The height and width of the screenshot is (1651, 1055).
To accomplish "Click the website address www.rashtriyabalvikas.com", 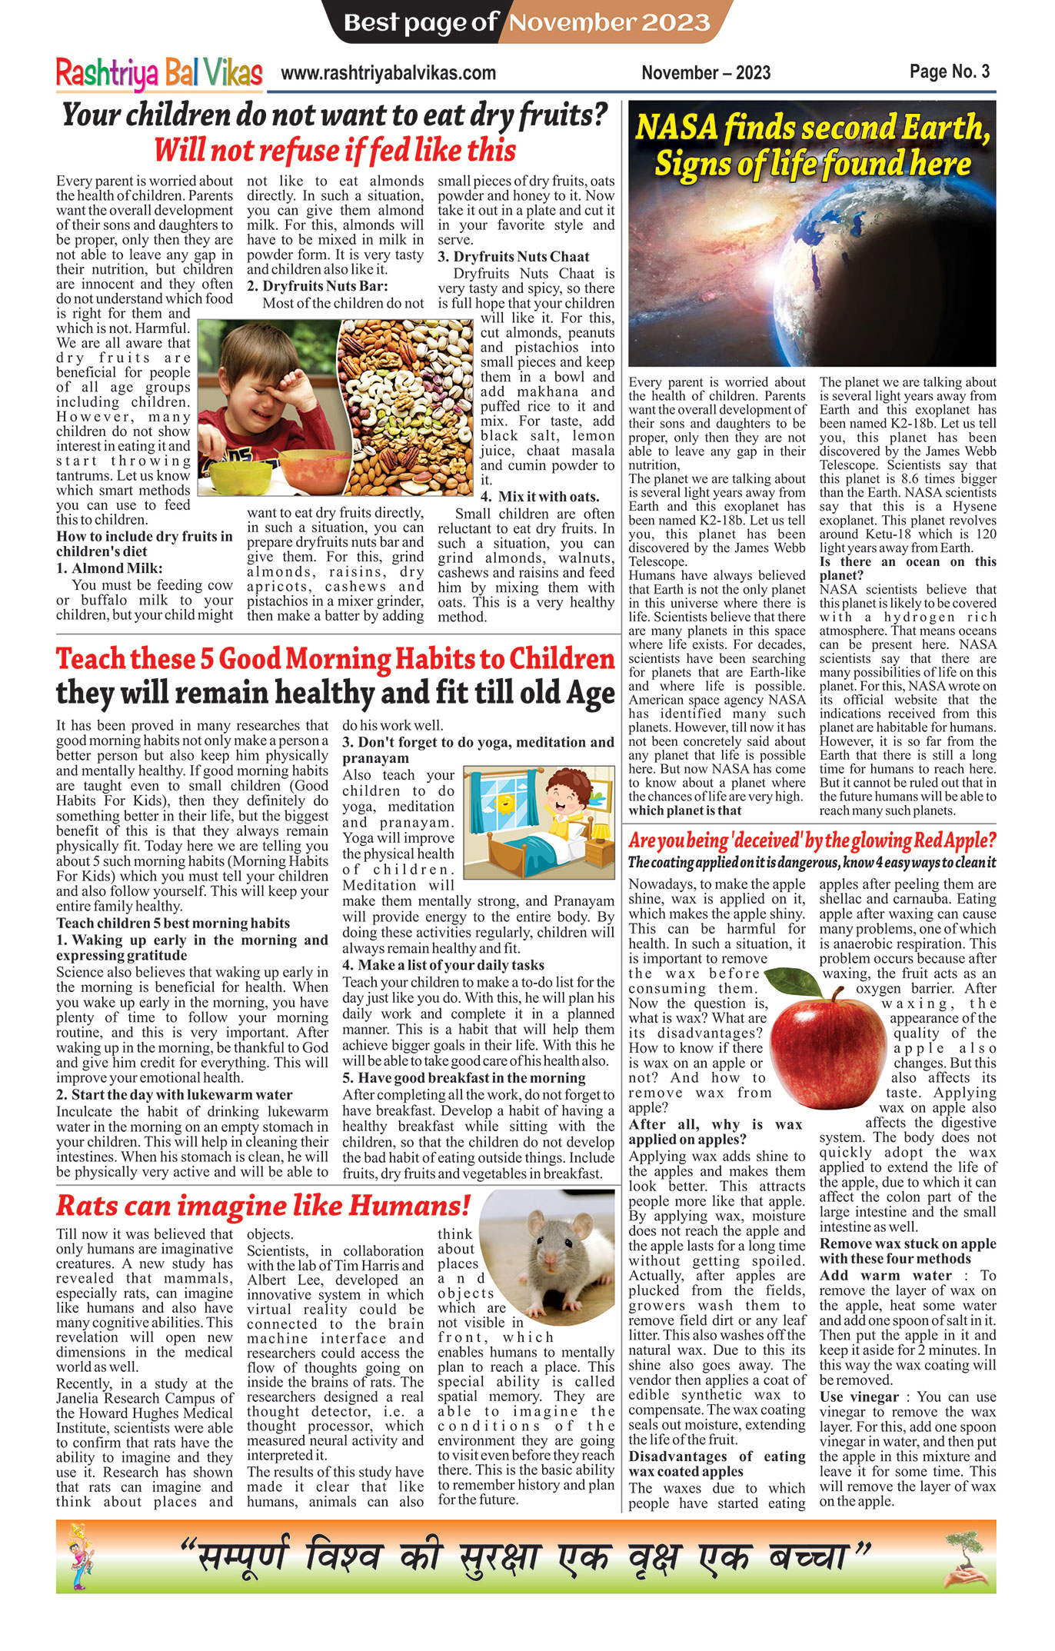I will click(x=388, y=73).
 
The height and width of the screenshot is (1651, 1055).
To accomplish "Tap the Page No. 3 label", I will click(x=949, y=72).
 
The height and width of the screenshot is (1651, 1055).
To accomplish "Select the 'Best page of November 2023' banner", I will click(x=527, y=22).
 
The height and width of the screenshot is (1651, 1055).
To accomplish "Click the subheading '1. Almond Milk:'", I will click(x=109, y=568).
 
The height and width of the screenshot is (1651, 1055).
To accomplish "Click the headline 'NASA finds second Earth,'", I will click(x=812, y=127).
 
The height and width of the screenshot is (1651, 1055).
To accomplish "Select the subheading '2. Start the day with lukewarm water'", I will click(x=175, y=1094).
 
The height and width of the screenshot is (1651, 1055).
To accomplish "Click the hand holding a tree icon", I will click(x=966, y=1561).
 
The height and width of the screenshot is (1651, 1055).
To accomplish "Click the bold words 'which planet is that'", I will click(x=684, y=811).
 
